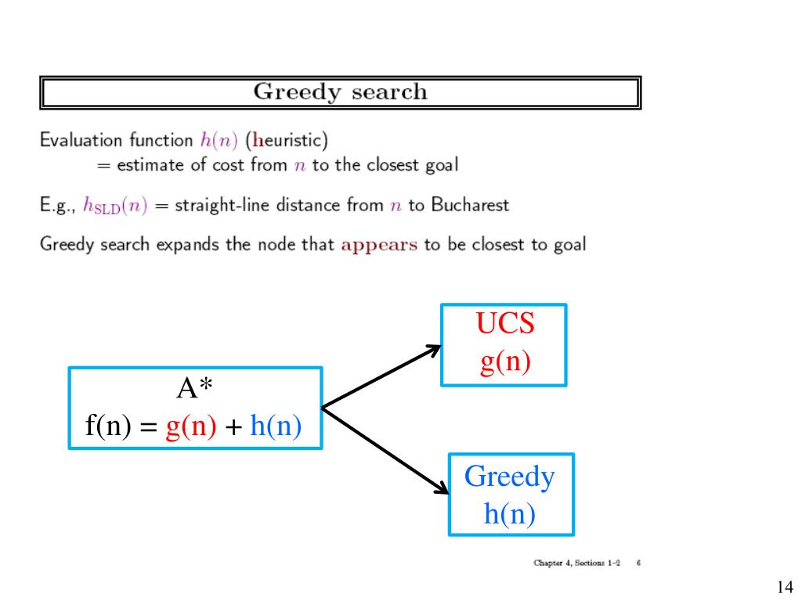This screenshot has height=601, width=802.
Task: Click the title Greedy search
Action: [340, 92]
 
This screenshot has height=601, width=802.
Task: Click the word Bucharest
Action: [470, 206]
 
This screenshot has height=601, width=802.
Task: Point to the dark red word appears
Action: [379, 243]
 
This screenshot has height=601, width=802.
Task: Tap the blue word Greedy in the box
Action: [509, 476]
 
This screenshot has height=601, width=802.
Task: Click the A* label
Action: [195, 389]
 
